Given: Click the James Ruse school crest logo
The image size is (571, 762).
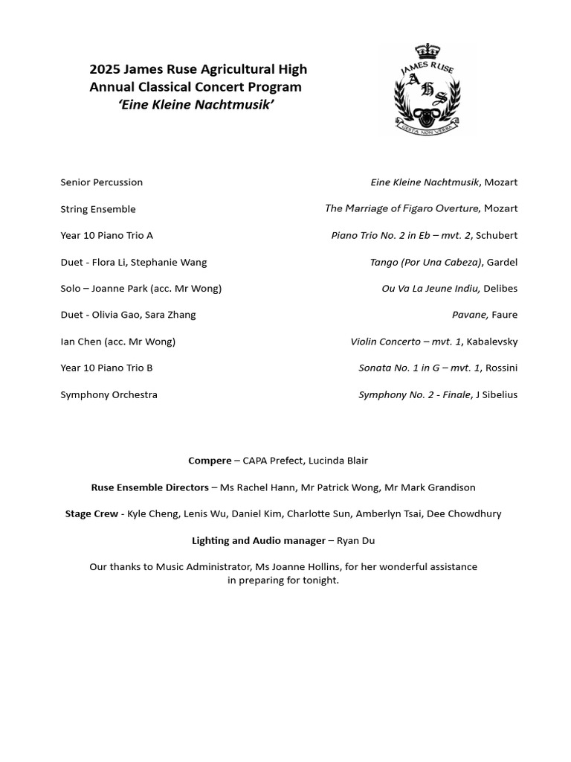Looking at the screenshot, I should tap(426, 90).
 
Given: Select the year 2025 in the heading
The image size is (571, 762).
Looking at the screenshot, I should tap(104, 70).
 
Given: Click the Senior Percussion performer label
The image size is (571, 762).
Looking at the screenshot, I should tap(101, 182).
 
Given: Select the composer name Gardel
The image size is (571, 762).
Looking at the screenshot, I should tap(502, 262).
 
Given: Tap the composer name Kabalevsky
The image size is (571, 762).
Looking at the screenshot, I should tap(491, 342).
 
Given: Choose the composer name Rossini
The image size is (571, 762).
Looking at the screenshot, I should tap(499, 368).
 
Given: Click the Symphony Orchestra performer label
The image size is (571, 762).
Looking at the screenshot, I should tap(109, 394).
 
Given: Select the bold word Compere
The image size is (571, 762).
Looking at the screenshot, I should tap(210, 461).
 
